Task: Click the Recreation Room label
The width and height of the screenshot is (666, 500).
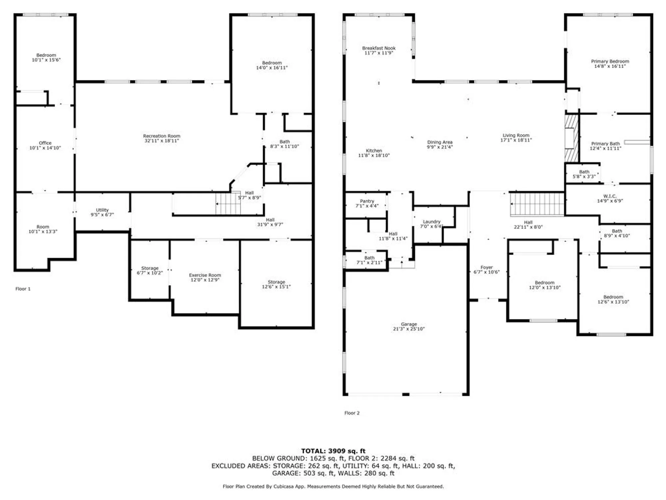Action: (x=162, y=136)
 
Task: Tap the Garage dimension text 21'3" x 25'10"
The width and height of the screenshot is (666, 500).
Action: (x=409, y=329)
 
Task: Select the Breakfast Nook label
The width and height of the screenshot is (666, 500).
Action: (x=379, y=48)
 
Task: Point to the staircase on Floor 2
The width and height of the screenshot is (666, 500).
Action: (x=537, y=204)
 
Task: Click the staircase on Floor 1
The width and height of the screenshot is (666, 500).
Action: (x=228, y=204)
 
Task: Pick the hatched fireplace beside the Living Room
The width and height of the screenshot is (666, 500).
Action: (x=572, y=138)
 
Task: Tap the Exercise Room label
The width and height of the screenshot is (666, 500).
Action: (x=205, y=275)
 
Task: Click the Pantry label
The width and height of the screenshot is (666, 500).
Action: (x=367, y=201)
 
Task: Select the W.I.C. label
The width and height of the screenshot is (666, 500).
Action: (x=610, y=196)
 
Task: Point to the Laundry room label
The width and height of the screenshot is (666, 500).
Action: (x=432, y=222)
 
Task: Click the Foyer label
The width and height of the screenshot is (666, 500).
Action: (x=487, y=267)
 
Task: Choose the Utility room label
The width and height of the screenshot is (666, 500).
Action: (x=102, y=210)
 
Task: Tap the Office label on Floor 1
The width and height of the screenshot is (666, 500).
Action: (x=45, y=143)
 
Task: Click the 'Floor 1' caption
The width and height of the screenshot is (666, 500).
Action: (x=23, y=289)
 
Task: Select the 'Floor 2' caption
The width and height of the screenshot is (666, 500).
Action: (x=352, y=413)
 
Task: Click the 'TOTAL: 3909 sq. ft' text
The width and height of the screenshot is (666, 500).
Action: (x=333, y=451)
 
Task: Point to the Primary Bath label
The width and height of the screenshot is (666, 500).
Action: (x=605, y=144)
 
